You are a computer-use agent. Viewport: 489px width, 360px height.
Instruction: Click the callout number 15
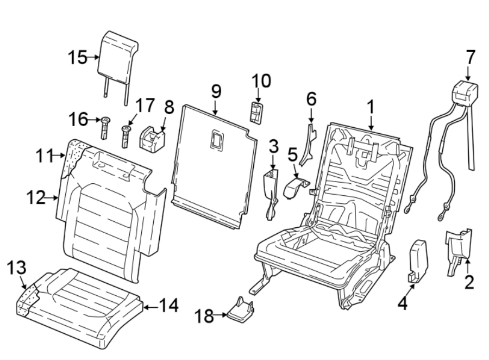coord(78,57)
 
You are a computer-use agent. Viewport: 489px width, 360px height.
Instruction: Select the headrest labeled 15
coord(117,54)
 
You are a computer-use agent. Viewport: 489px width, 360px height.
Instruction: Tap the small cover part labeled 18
coord(241,310)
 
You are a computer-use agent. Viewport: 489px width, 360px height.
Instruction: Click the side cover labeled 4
coord(418,260)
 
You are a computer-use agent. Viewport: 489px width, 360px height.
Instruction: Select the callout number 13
coord(16,268)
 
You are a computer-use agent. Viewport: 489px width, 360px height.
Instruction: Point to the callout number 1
coord(371,107)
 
